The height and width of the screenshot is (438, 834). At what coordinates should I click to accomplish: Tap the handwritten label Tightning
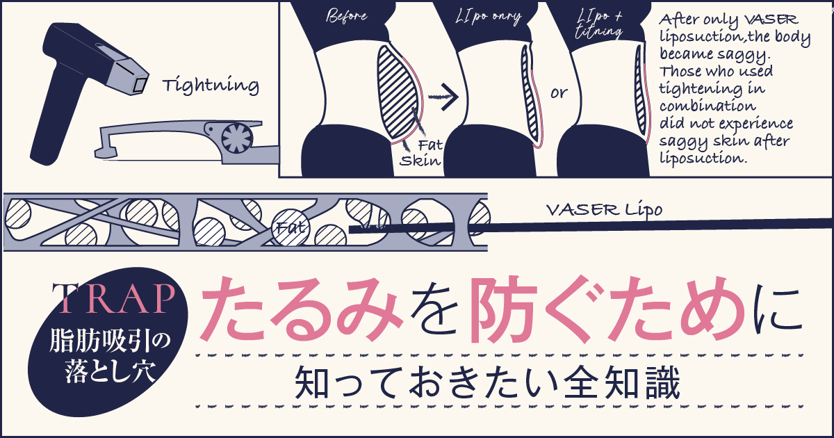[x=210, y=86]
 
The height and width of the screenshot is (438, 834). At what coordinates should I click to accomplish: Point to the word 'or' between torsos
[x=558, y=92]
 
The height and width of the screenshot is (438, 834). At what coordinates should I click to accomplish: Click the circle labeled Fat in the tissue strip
[x=288, y=227]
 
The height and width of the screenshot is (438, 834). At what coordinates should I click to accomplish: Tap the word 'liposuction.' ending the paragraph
[x=701, y=158]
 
